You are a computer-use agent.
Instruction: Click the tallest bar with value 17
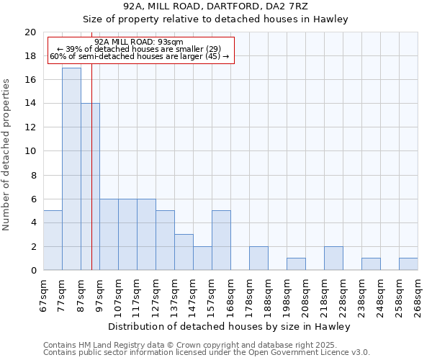[71, 169]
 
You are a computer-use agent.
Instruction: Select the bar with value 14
[90, 187]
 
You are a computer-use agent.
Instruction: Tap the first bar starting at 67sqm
[53, 240]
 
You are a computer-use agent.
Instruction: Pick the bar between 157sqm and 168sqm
[221, 240]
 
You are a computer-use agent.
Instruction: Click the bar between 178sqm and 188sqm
[258, 258]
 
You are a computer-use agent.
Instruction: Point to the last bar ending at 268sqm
[408, 264]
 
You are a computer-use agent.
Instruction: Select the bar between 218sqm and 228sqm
[333, 258]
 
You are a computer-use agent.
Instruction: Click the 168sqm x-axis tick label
[230, 293]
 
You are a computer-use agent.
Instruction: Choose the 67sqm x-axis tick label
[43, 293]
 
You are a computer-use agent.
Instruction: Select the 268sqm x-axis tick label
[418, 293]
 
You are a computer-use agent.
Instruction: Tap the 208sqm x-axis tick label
[305, 293]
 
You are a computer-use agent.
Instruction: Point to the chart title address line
[215, 6]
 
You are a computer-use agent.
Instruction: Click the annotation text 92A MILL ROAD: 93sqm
[139, 42]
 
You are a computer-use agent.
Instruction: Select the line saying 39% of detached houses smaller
[139, 49]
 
